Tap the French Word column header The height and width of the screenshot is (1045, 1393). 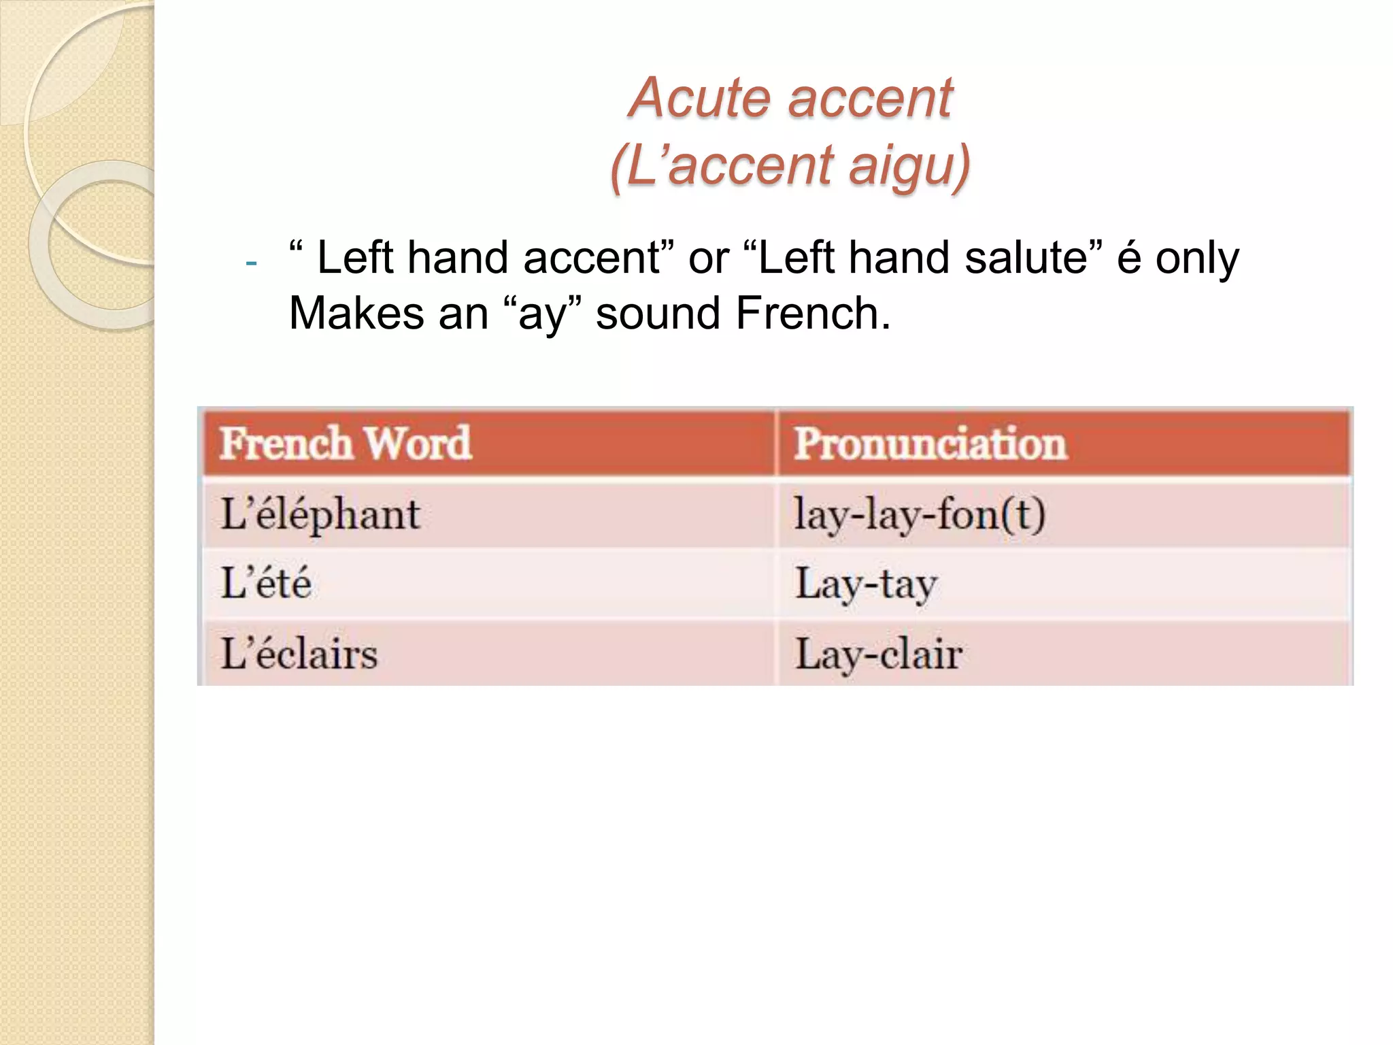click(346, 444)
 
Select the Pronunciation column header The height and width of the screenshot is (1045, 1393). click(930, 444)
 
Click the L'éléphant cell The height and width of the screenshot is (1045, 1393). click(320, 514)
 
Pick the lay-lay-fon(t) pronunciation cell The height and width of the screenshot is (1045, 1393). click(920, 514)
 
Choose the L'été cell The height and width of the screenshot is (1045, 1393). click(267, 584)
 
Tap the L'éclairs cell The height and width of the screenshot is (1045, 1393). click(299, 654)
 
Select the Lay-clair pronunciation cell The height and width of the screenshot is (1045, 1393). click(879, 654)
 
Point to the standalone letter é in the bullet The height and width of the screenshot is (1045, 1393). click(1129, 259)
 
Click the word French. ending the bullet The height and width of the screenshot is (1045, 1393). click(813, 314)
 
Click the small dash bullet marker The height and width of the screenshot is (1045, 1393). click(251, 263)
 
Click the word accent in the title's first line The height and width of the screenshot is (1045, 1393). click(871, 98)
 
